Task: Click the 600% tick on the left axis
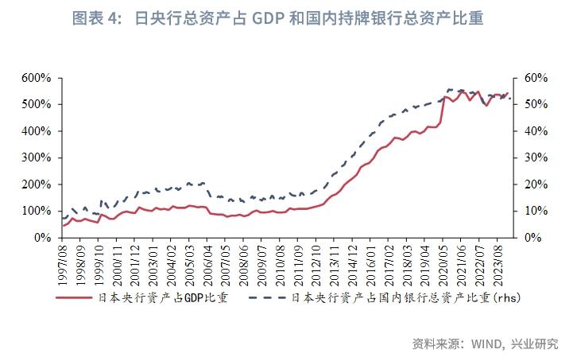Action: click(x=37, y=78)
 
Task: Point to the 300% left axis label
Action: click(x=37, y=157)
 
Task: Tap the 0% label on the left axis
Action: click(x=44, y=238)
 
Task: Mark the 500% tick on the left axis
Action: click(x=37, y=104)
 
